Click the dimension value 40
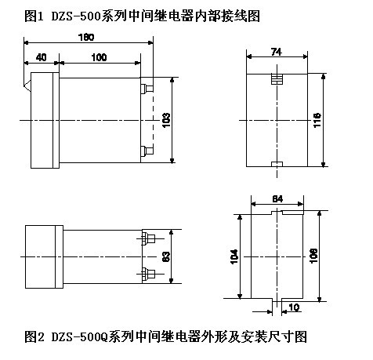pyautogui.click(x=42, y=57)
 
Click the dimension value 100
pyautogui.click(x=99, y=57)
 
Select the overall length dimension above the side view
pyautogui.click(x=86, y=38)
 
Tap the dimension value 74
pyautogui.click(x=277, y=52)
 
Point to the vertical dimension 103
pyautogui.click(x=166, y=120)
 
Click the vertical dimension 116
pyautogui.click(x=317, y=120)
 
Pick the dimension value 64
pyautogui.click(x=277, y=199)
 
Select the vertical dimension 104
pyautogui.click(x=234, y=256)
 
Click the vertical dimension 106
pyautogui.click(x=313, y=256)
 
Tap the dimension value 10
pyautogui.click(x=294, y=307)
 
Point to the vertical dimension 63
pyautogui.click(x=166, y=256)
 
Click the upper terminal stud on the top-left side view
pyautogui.click(x=147, y=89)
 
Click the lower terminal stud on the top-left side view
pyautogui.click(x=147, y=151)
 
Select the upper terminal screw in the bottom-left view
pyautogui.click(x=148, y=238)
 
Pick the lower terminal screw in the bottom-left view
pyautogui.click(x=148, y=274)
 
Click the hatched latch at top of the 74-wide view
pyautogui.click(x=277, y=78)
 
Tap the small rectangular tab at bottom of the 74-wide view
pyautogui.click(x=277, y=164)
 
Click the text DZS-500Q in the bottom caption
pyautogui.click(x=79, y=336)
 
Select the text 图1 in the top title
pyautogui.click(x=34, y=16)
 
